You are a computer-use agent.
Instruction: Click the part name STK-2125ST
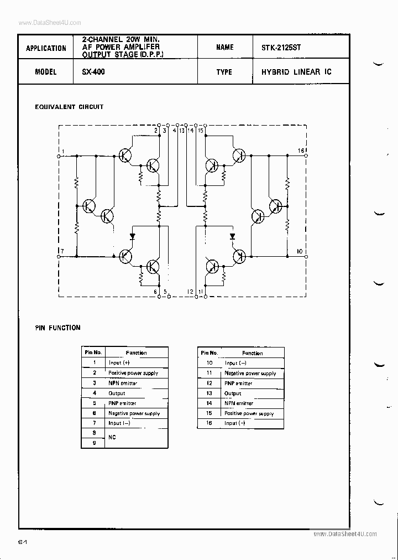pyautogui.click(x=281, y=48)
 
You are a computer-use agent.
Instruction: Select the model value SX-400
pyautogui.click(x=93, y=72)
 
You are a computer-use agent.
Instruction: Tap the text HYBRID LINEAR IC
pyautogui.click(x=296, y=72)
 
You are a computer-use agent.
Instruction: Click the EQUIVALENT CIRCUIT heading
pyautogui.click(x=69, y=107)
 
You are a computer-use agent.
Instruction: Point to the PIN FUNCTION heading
pyautogui.click(x=57, y=328)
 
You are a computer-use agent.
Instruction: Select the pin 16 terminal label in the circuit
pyautogui.click(x=301, y=151)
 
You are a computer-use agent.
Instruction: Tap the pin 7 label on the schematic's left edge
pyautogui.click(x=62, y=252)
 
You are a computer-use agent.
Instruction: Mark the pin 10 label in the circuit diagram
pyautogui.click(x=300, y=252)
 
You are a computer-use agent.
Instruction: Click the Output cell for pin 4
pyautogui.click(x=117, y=393)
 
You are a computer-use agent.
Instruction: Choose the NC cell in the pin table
pyautogui.click(x=113, y=438)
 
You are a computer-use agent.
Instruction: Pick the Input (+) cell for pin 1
pyautogui.click(x=119, y=363)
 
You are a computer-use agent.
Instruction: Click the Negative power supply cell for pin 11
pyautogui.click(x=250, y=374)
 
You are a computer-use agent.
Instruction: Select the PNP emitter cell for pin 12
pyautogui.click(x=238, y=383)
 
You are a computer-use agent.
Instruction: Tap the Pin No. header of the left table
pyautogui.click(x=93, y=352)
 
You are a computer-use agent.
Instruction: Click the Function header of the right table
pyautogui.click(x=252, y=353)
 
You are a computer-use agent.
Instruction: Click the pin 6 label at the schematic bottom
pyautogui.click(x=155, y=292)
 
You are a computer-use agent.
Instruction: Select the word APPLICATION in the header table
pyautogui.click(x=46, y=48)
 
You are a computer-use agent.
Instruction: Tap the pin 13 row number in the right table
pyautogui.click(x=210, y=393)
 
